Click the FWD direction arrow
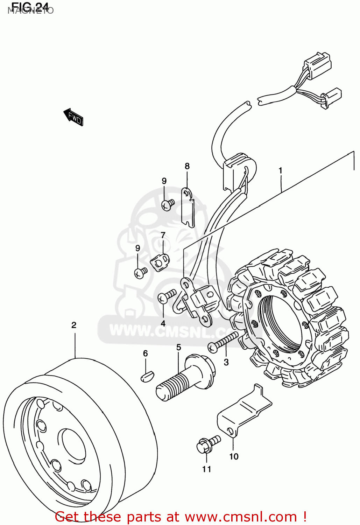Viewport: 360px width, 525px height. (x=73, y=117)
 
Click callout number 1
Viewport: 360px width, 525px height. (x=280, y=170)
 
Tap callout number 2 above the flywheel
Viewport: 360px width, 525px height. (x=74, y=325)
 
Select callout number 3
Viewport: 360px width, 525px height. (x=226, y=362)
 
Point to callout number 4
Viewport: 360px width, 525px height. (x=163, y=324)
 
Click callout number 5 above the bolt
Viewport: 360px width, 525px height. (x=178, y=348)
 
